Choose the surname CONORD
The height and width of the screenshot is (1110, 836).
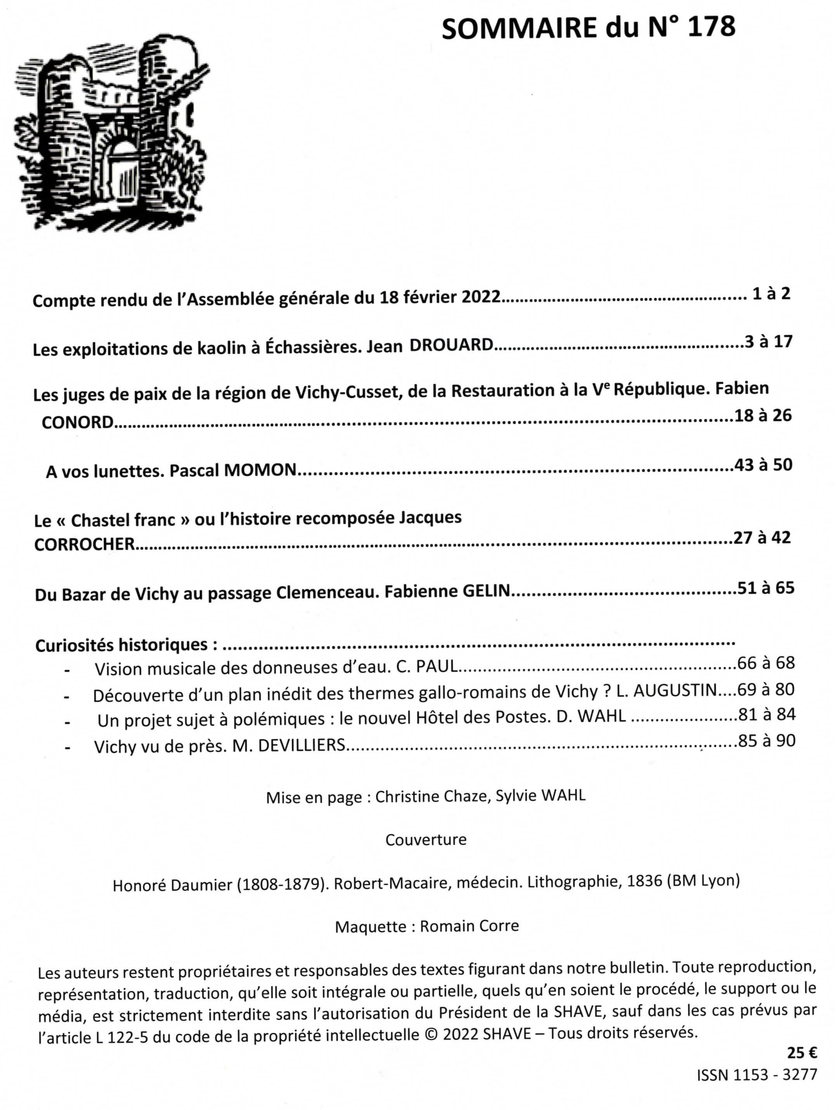(78, 423)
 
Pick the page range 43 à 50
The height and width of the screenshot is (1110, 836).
(763, 465)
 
